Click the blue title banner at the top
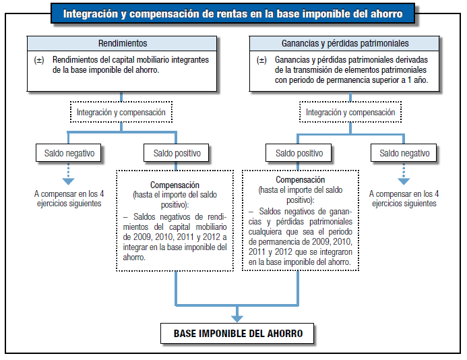[x=232, y=13]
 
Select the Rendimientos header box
[x=122, y=43]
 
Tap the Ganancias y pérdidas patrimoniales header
[x=344, y=43]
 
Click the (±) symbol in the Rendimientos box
[x=39, y=60]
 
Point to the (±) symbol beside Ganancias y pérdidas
[x=261, y=60]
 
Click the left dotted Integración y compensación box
[x=121, y=112]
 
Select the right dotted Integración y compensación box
[x=350, y=112]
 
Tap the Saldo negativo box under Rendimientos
[x=69, y=153]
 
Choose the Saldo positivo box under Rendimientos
[x=177, y=153]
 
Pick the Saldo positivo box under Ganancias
[x=299, y=153]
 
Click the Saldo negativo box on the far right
[x=404, y=153]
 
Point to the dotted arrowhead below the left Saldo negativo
[x=68, y=181]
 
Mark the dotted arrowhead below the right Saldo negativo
[x=404, y=181]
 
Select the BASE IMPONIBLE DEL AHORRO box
[x=237, y=333]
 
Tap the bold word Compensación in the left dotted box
[x=175, y=185]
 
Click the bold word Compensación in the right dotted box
[x=301, y=180]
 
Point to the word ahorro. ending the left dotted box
[x=134, y=257]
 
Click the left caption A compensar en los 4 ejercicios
[x=69, y=198]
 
